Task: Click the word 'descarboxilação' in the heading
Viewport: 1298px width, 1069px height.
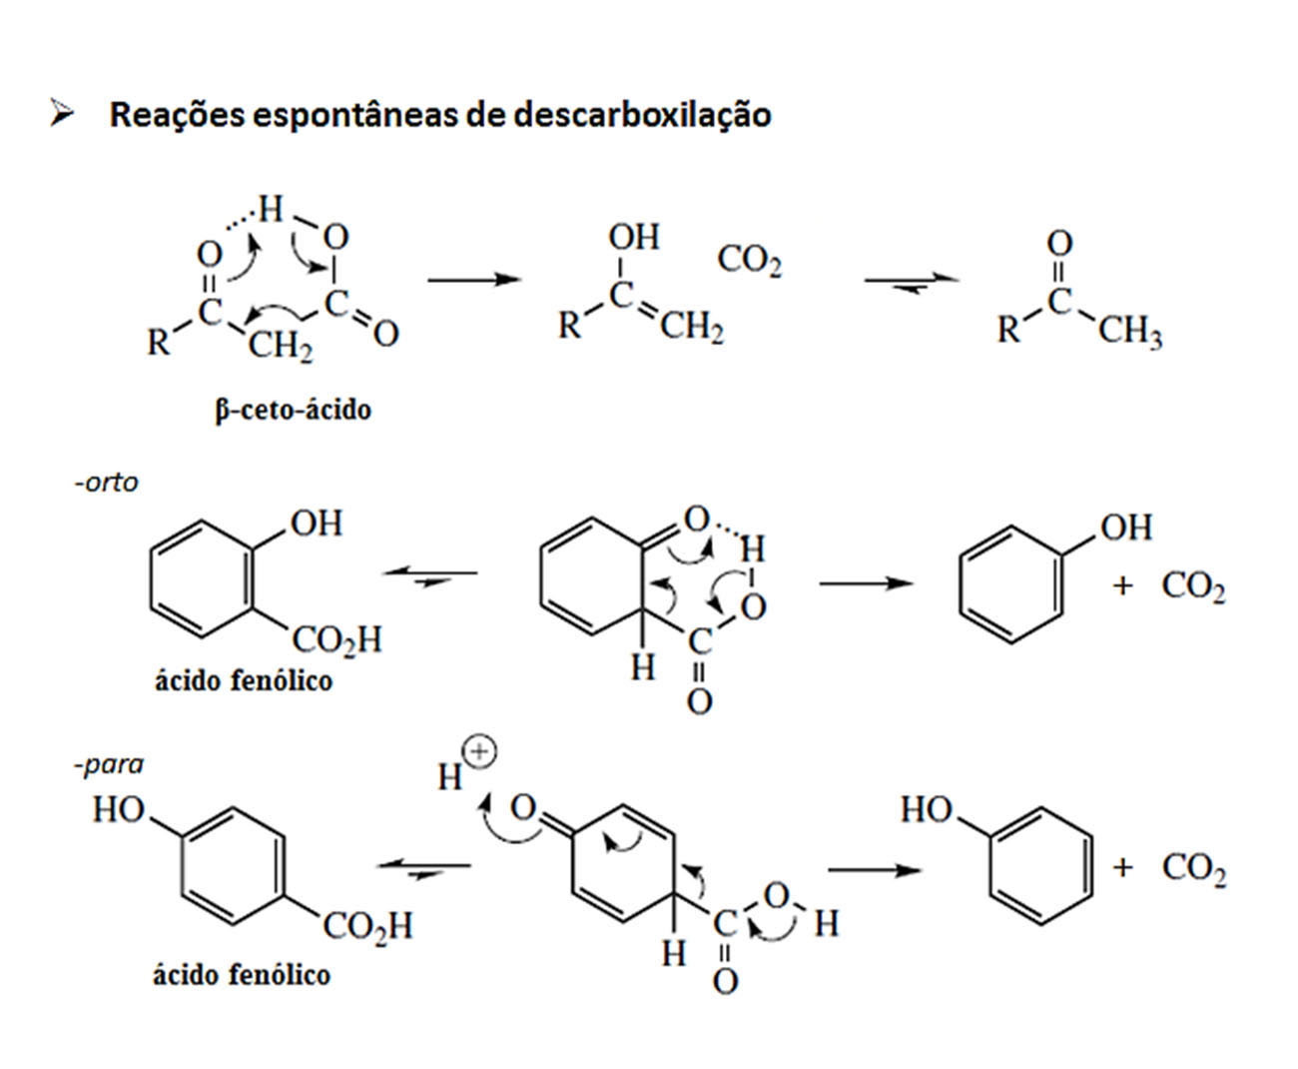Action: coord(642,115)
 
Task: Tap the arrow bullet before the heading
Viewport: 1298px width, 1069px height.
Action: coord(62,113)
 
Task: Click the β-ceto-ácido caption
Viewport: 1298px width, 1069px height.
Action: coord(293,410)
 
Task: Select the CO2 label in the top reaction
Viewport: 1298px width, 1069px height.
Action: coord(750,260)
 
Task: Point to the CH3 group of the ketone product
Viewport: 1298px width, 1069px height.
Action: coord(1130,332)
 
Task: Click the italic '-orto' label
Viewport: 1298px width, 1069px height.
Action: coord(106,483)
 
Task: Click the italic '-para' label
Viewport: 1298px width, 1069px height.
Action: coord(108,765)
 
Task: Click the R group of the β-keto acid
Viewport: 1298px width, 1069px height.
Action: coord(158,342)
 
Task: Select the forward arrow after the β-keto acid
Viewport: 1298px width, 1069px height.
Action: coord(474,280)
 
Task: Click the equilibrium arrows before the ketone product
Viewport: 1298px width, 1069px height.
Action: coord(912,283)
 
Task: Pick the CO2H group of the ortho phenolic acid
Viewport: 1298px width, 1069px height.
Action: coord(336,639)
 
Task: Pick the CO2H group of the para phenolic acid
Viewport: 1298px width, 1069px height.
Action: coord(367,925)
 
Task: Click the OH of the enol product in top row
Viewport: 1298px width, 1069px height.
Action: coord(633,237)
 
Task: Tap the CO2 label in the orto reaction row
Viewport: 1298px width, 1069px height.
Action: coord(1193,586)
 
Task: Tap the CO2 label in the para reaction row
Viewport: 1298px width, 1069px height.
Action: coord(1194,868)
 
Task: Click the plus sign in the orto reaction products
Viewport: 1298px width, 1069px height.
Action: coord(1122,585)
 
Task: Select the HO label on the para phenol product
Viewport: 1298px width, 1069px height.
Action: coord(927,809)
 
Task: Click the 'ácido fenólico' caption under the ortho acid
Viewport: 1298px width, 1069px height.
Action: coord(244,681)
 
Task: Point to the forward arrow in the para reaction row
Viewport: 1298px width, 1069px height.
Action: coord(875,870)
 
